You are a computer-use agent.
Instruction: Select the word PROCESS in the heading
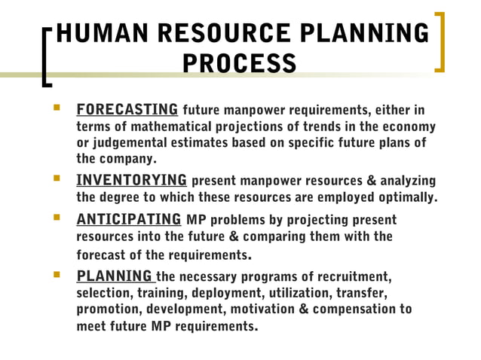click(240, 63)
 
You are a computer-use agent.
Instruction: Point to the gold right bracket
click(439, 41)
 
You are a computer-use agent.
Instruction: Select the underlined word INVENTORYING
click(132, 180)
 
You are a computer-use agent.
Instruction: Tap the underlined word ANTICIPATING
click(129, 219)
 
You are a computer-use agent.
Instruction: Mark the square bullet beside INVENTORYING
click(55, 180)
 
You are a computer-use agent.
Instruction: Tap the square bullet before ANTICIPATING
click(55, 219)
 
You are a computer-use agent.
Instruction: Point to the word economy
click(409, 125)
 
